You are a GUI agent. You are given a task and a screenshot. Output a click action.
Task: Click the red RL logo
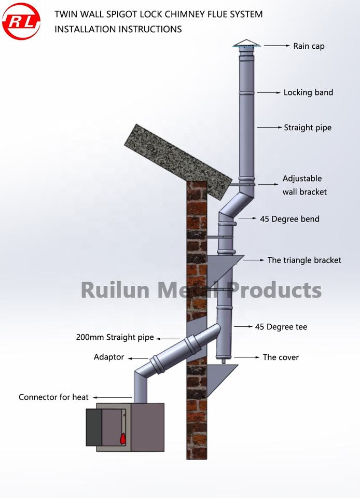[21, 21]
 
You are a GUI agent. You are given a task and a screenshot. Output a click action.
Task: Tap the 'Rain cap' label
[309, 46]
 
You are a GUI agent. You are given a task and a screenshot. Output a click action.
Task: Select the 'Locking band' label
[308, 92]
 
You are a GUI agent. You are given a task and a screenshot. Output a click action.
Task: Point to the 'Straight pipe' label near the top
[308, 127]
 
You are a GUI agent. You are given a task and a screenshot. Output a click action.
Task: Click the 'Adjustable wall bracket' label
[303, 185]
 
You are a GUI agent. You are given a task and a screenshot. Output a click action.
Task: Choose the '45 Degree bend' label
[289, 219]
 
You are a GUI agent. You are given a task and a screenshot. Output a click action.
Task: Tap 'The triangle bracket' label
[304, 260]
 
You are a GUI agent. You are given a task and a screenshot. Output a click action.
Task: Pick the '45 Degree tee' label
[281, 327]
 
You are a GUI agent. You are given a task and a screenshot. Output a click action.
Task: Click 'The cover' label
[281, 357]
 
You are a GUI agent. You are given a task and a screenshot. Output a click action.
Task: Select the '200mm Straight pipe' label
[115, 338]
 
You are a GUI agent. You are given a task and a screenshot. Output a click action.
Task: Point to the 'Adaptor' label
[109, 357]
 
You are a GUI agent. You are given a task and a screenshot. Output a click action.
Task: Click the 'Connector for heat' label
[54, 397]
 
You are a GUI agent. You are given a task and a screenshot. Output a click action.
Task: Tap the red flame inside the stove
[123, 438]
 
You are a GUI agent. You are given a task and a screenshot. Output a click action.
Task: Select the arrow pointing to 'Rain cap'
[277, 46]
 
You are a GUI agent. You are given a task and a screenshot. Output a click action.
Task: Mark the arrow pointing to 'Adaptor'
[138, 357]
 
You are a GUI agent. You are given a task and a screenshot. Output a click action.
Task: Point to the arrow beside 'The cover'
[247, 357]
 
